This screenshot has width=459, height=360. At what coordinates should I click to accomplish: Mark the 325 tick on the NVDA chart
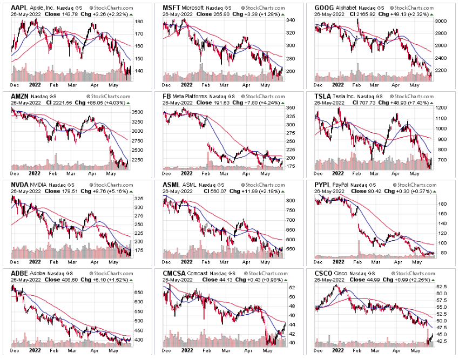[138, 199]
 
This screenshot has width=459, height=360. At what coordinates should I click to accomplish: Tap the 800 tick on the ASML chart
[290, 200]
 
